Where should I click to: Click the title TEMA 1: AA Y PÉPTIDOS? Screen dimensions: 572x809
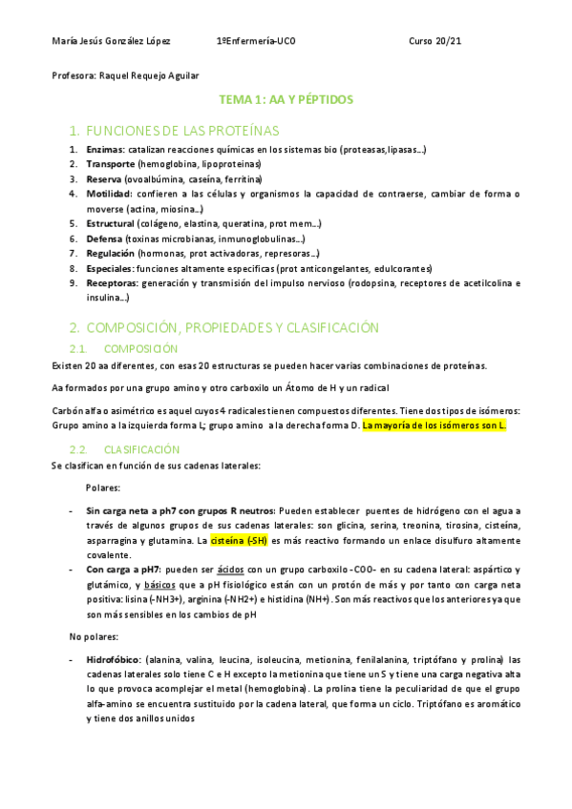coord(286,99)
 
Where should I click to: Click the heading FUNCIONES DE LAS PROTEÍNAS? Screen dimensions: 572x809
coord(181,130)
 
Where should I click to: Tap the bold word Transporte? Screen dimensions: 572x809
coord(111,164)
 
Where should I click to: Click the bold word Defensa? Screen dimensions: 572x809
coord(103,239)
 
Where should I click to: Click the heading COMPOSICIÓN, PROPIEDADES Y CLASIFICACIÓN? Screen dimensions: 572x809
coord(219,327)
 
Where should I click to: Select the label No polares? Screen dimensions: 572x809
coord(93,635)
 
